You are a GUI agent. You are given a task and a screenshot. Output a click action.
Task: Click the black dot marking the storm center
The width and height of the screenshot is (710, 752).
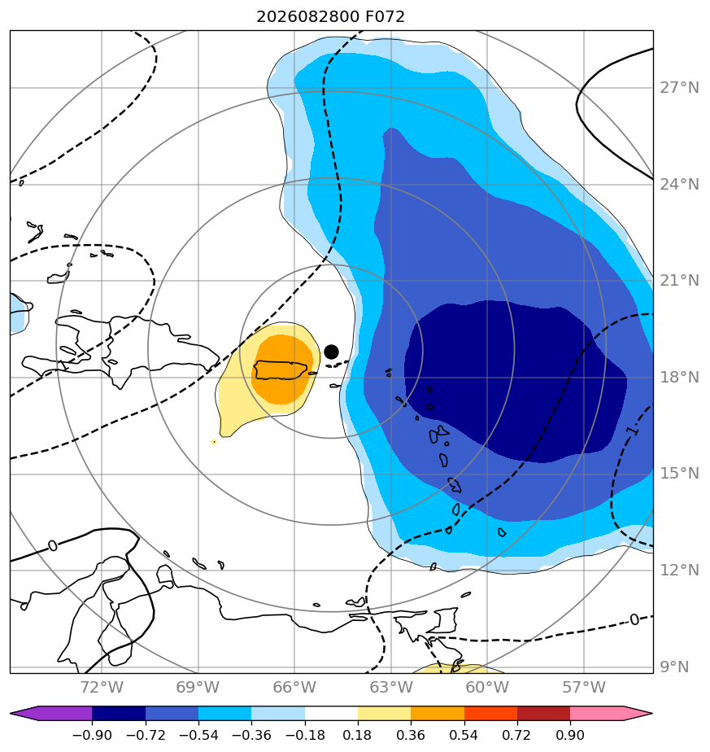pyautogui.click(x=331, y=352)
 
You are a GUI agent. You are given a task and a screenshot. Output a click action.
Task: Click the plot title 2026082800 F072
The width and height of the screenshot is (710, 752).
pyautogui.click(x=330, y=17)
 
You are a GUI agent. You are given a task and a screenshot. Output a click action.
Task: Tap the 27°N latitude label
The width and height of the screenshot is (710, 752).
pyautogui.click(x=679, y=88)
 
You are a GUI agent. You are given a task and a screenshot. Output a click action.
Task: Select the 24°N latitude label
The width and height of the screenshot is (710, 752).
pyautogui.click(x=679, y=185)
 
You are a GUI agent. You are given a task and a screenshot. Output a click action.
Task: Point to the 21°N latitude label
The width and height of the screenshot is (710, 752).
pyautogui.click(x=679, y=281)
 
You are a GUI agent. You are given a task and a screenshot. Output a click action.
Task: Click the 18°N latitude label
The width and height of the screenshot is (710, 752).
pyautogui.click(x=679, y=378)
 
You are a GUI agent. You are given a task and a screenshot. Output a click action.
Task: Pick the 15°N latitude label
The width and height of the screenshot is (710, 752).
pyautogui.click(x=679, y=474)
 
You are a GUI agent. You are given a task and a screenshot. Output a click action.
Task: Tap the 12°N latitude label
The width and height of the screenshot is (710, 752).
pyautogui.click(x=679, y=571)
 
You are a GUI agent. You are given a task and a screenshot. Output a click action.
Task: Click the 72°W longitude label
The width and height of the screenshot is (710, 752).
pyautogui.click(x=102, y=688)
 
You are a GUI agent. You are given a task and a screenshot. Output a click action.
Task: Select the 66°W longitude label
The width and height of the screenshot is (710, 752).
pyautogui.click(x=294, y=688)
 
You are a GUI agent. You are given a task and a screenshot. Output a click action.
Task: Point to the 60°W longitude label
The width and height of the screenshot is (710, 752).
pyautogui.click(x=487, y=688)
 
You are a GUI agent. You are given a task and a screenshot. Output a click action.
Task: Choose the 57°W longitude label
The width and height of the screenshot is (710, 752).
pyautogui.click(x=584, y=688)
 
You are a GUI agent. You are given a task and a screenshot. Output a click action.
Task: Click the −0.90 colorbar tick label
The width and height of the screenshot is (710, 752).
pyautogui.click(x=92, y=735)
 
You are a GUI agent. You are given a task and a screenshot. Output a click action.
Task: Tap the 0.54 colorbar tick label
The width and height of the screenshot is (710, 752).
pyautogui.click(x=464, y=735)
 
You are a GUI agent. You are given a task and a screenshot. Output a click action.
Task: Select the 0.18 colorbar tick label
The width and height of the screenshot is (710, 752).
pyautogui.click(x=358, y=735)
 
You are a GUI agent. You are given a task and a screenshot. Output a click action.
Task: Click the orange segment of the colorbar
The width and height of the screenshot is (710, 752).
pyautogui.click(x=438, y=714)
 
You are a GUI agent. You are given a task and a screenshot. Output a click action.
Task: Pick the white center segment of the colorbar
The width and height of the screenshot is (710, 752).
pyautogui.click(x=331, y=714)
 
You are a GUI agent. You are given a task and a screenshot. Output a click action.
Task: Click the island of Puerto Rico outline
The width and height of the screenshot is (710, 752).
pyautogui.click(x=281, y=369)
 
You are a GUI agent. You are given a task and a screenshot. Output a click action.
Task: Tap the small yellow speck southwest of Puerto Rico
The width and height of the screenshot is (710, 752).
pyautogui.click(x=214, y=442)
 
